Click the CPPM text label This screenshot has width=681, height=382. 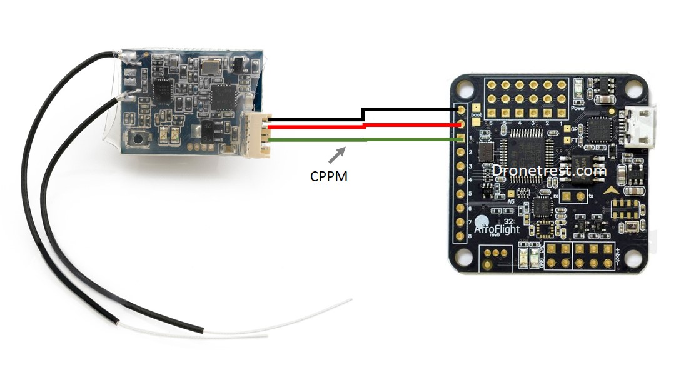click(328, 176)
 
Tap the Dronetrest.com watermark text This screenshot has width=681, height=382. click(548, 170)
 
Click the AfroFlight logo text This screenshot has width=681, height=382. click(497, 229)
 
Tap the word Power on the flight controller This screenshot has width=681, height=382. click(578, 108)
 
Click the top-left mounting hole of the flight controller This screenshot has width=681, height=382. click(464, 88)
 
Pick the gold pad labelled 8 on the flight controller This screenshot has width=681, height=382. click(462, 236)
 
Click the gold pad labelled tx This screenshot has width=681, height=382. click(565, 197)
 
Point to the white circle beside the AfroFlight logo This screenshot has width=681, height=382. click(481, 221)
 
